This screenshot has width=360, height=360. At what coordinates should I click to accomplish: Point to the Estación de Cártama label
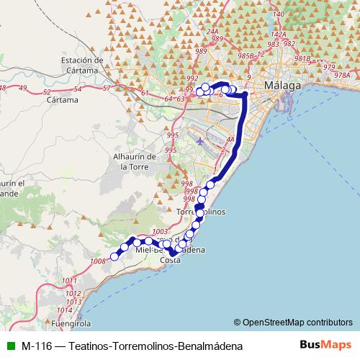pos(83,65)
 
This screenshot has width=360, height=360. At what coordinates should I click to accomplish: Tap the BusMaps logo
pos(325,346)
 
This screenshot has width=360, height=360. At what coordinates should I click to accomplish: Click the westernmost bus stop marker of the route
pos(114,256)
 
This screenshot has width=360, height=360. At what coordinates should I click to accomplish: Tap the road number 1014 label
pos(65,310)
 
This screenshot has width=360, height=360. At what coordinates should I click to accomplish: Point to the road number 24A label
pos(212,32)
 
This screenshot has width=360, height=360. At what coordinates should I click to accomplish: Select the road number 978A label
pos(342,75)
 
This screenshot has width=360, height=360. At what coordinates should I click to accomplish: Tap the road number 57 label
pos(107,88)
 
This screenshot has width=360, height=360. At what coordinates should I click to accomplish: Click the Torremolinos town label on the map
pos(201,212)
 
